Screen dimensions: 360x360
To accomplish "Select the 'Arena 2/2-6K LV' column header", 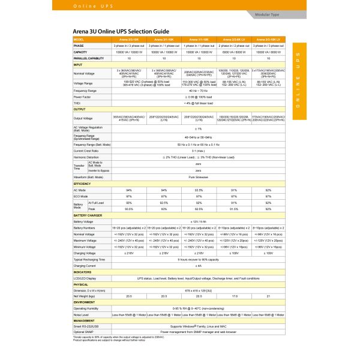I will pos(234,40).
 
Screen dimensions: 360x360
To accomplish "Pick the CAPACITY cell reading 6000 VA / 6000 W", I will pos(234,52).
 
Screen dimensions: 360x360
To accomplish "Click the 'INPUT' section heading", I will pos(78,64).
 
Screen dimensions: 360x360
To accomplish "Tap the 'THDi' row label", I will pos(77,103).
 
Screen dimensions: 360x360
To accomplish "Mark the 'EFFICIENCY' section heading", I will pos(82,184).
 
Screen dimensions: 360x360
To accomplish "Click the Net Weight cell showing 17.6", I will pos(234,296).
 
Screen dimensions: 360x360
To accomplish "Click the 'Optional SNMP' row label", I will pos(84,331).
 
